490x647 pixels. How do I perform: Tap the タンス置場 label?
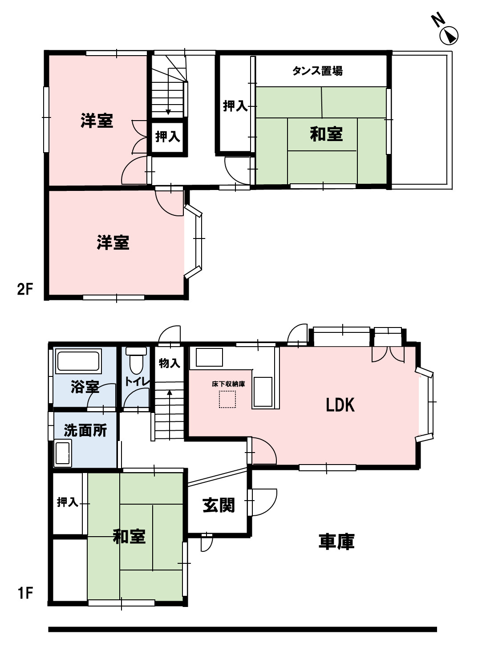click(x=317, y=71)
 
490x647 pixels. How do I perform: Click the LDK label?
click(x=340, y=405)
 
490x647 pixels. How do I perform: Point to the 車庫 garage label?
click(x=336, y=542)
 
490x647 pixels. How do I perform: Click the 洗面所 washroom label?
click(x=85, y=430)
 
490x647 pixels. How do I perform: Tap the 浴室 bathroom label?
click(x=85, y=386)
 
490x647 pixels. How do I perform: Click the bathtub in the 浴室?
click(x=78, y=361)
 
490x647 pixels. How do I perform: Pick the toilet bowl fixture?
click(x=136, y=363)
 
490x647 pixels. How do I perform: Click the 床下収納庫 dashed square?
click(x=227, y=399)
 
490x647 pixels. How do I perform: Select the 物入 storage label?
click(x=169, y=363)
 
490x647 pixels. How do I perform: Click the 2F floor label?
click(x=25, y=289)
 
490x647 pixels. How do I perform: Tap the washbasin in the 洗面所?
click(x=63, y=453)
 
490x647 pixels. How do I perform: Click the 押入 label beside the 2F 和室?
click(x=235, y=106)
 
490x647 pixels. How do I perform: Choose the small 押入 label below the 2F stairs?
click(x=167, y=137)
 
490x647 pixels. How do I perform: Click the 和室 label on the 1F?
click(x=129, y=536)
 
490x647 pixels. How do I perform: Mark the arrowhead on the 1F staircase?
click(x=170, y=393)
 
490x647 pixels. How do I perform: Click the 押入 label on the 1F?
click(x=67, y=502)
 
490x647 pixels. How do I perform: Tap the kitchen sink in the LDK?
click(x=209, y=357)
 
